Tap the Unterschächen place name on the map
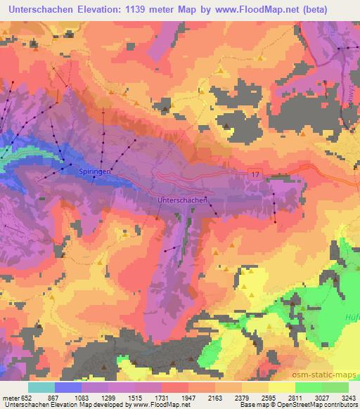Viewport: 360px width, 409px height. pos(180,200)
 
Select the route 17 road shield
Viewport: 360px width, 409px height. pos(255,172)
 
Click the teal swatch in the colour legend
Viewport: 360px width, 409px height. pos(41,387)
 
